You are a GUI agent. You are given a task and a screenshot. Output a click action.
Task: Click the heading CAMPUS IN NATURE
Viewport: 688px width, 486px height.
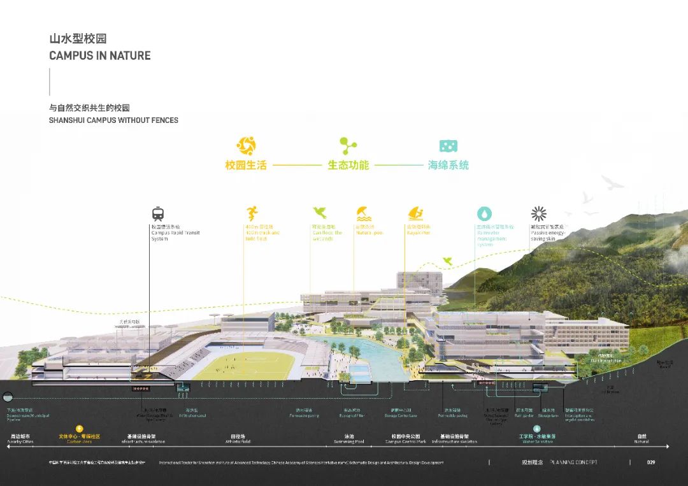(100, 55)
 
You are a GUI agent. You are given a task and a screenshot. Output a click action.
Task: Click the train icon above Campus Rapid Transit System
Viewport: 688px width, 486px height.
(158, 213)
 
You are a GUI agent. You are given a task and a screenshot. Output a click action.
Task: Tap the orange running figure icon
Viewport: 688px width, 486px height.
(252, 213)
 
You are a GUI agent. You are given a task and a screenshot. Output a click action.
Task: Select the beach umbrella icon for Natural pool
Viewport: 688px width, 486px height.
(362, 213)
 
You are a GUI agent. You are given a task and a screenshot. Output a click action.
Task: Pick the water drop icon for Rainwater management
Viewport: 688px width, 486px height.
(485, 213)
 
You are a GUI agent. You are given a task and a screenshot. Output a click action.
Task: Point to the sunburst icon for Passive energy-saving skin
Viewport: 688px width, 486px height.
(539, 213)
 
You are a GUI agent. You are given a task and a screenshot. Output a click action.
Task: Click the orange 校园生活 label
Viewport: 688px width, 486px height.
(245, 165)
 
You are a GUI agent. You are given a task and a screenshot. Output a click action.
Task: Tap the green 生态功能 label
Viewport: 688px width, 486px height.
(348, 165)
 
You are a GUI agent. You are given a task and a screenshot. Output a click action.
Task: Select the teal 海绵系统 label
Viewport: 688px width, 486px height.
(448, 165)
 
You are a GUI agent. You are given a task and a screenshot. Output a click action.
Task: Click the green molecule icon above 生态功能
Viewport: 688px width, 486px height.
(348, 145)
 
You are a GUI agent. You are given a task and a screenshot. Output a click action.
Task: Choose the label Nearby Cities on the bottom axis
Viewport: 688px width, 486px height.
(20, 441)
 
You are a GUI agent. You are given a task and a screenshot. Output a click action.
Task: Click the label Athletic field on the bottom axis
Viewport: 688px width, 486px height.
(238, 441)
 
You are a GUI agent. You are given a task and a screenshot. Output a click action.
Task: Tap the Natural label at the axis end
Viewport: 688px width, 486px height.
(641, 441)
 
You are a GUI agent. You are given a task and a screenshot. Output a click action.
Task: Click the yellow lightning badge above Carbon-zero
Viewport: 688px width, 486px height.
(80, 429)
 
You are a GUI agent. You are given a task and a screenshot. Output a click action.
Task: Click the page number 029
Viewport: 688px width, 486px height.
(650, 462)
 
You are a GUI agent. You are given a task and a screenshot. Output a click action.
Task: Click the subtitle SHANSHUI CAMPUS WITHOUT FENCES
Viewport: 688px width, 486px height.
(113, 120)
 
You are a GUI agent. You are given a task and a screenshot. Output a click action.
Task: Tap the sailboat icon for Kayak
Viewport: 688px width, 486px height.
(415, 213)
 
